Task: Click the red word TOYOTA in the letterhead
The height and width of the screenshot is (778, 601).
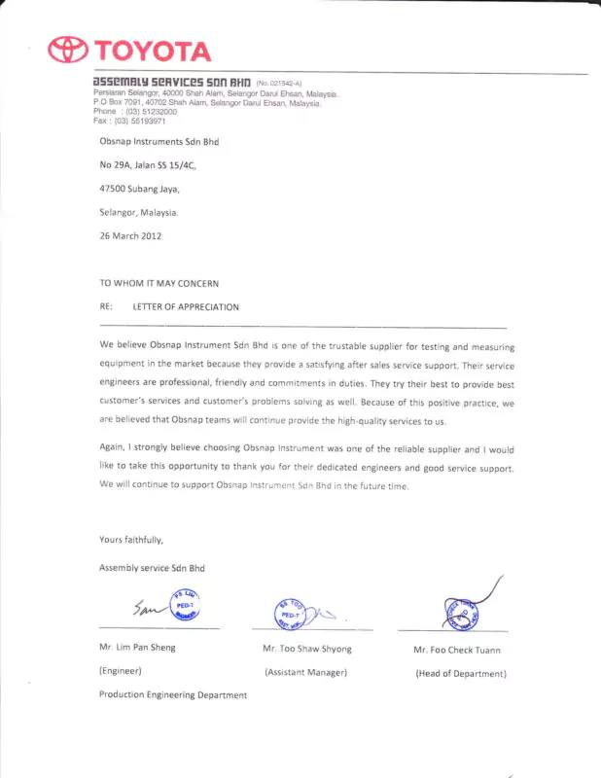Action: [x=151, y=52]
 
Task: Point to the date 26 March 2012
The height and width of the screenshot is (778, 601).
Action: [x=130, y=235]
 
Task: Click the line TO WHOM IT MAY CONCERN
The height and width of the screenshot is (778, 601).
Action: [x=159, y=283]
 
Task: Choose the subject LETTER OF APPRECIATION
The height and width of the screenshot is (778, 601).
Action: [x=186, y=307]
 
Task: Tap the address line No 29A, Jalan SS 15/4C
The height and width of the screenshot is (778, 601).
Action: [x=147, y=165]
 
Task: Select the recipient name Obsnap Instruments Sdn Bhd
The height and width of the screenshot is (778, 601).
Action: [x=161, y=141]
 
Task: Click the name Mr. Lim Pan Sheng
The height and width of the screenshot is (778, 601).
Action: [x=137, y=647]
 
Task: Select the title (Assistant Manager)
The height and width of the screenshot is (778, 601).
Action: [x=306, y=672]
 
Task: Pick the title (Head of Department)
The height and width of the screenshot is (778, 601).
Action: [x=461, y=673]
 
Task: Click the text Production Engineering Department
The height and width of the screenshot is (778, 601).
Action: [x=172, y=695]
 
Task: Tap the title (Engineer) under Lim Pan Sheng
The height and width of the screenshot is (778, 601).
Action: [x=121, y=671]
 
